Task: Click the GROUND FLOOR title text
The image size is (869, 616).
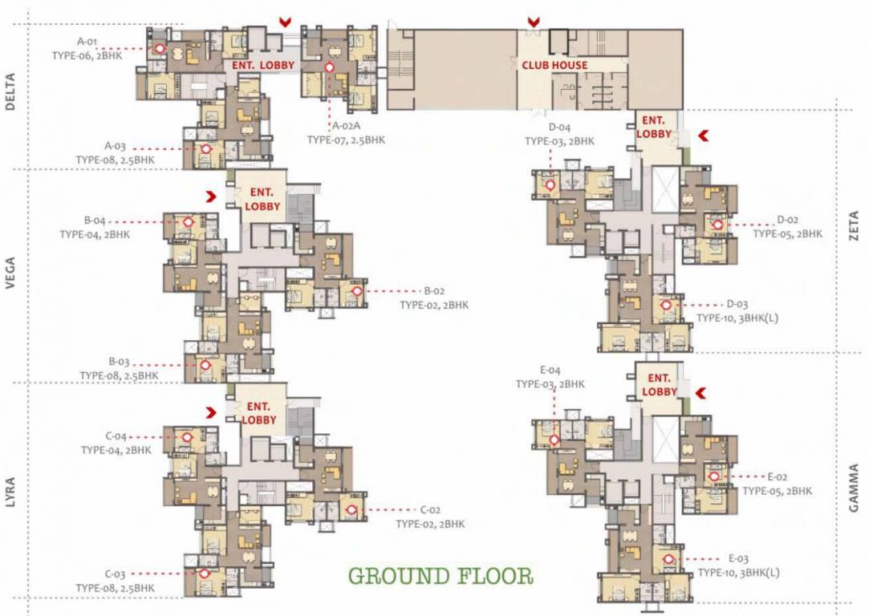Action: coord(441,576)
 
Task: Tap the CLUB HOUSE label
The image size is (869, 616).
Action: coord(554,65)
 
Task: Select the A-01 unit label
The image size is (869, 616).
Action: coord(87,40)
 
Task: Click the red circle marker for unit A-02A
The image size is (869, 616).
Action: coord(329,68)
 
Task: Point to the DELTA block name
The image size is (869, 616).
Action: coord(10,93)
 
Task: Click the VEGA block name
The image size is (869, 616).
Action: coord(10,273)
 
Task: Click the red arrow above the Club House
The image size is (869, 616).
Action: coord(533,22)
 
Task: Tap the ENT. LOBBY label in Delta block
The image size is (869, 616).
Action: coord(263,65)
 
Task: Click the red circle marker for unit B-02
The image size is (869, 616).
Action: coord(356,292)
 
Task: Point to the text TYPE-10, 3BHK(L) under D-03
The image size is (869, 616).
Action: coord(737,318)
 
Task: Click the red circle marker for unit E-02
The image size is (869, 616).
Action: coord(715,476)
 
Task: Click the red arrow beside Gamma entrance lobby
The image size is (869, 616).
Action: coord(700,391)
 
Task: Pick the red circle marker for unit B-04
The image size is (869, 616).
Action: coord(188,222)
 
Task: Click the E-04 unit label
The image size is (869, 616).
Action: coord(550,371)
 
